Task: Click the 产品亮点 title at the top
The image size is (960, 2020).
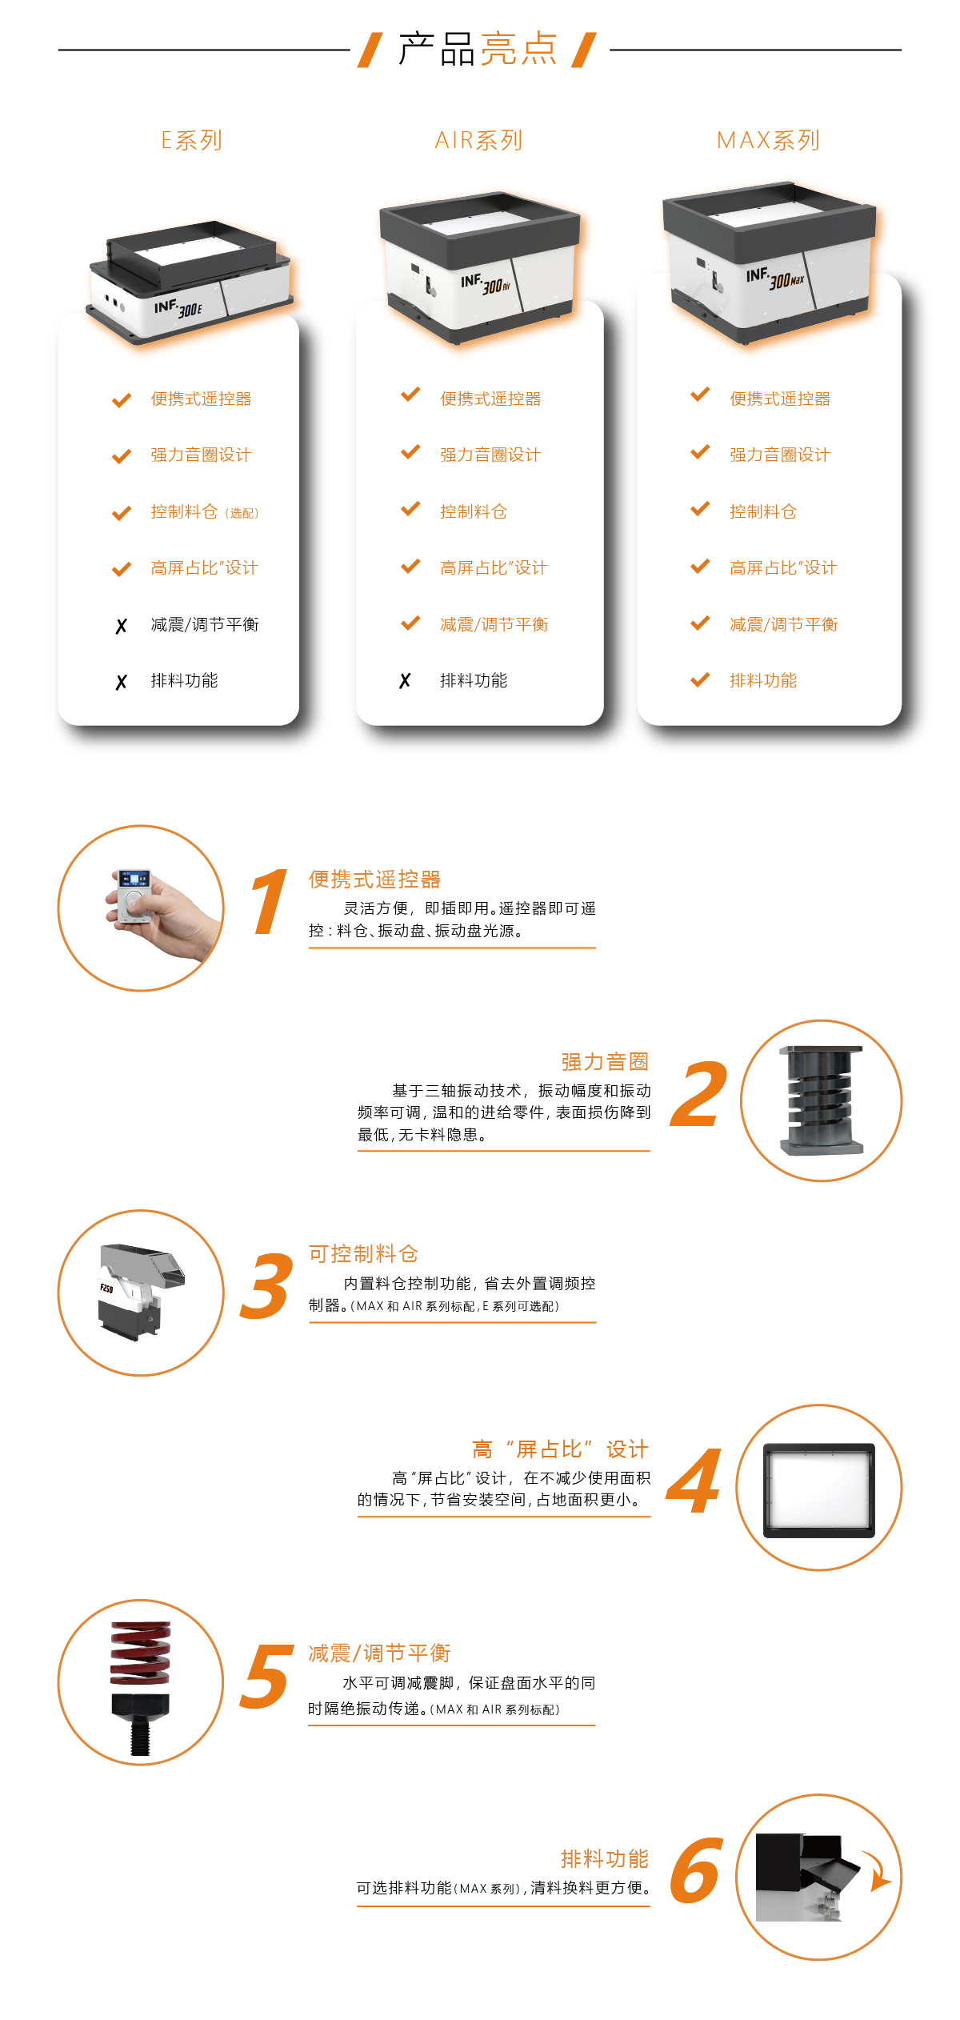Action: coord(478,50)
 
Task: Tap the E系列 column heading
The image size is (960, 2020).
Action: coord(191,141)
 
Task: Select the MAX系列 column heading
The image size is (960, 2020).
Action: coord(768,141)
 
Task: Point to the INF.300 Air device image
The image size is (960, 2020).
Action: coord(480,264)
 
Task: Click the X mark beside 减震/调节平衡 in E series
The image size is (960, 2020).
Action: coord(121,626)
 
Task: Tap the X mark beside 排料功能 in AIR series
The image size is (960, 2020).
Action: coord(405,681)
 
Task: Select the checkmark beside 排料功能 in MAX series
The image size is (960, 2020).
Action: coord(700,680)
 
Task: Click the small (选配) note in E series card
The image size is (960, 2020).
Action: coord(242,513)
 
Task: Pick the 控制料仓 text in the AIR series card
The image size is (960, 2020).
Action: coord(474,511)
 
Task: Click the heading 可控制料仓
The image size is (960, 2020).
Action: coord(363,1254)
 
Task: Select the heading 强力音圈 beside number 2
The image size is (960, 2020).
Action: coord(605,1062)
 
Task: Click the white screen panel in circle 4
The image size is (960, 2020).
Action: coord(818,1489)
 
